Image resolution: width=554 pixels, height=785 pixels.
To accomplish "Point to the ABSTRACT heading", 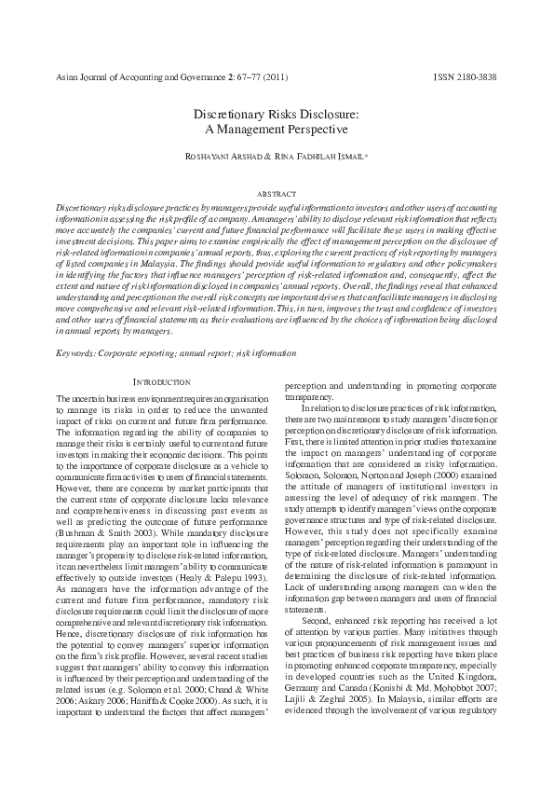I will click(x=277, y=193).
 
